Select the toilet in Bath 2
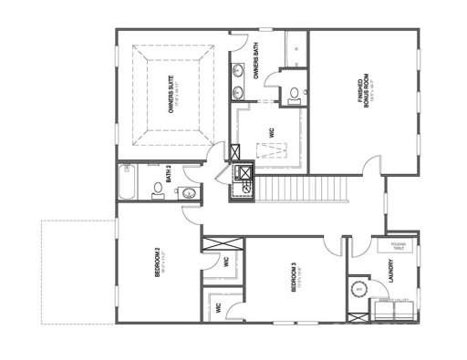point(156,190)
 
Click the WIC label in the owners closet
point(271,133)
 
